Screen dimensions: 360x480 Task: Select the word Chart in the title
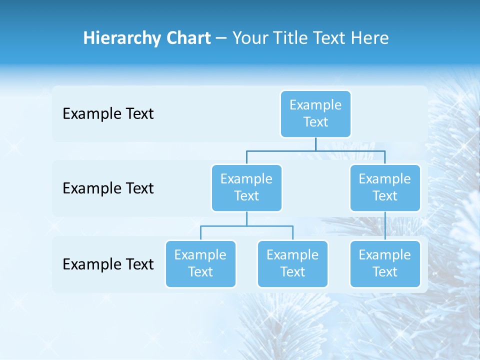coord(188,38)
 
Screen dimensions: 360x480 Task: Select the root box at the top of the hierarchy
coord(315,113)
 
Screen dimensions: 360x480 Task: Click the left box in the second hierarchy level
coord(246,187)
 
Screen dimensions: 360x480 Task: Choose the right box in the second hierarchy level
coord(385,187)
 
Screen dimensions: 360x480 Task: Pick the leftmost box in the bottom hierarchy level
coord(200,263)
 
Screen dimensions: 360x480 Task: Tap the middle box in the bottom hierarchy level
coord(292,263)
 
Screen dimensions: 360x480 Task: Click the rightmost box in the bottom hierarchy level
coord(385,263)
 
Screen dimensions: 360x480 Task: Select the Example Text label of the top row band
coord(108,114)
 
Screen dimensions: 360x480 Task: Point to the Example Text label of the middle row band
coord(108,188)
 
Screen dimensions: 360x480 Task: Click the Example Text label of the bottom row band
coord(108,264)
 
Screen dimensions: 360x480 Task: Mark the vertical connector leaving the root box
coord(315,144)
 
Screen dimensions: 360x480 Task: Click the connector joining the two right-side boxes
coord(385,226)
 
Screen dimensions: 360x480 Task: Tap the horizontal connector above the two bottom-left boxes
coord(246,226)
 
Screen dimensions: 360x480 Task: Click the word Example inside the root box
coord(315,105)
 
